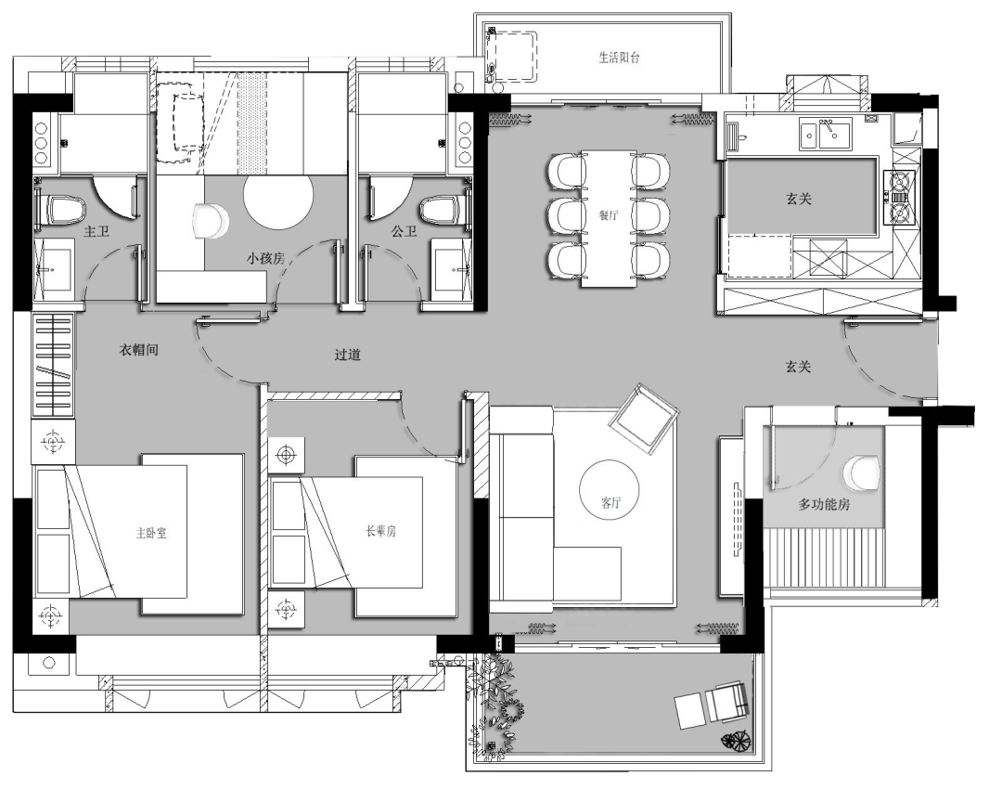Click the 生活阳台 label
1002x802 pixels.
click(x=619, y=58)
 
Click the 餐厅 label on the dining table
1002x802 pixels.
click(x=609, y=215)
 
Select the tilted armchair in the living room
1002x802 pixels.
click(x=644, y=419)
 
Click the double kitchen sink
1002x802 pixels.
click(x=825, y=133)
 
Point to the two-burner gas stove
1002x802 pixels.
click(x=899, y=197)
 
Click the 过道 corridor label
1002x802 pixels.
click(x=348, y=355)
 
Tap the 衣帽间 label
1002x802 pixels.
click(x=138, y=350)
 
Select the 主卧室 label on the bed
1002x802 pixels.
click(x=151, y=533)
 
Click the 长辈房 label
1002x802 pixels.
click(x=381, y=531)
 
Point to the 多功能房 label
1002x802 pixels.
click(x=824, y=504)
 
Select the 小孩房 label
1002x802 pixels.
click(x=266, y=258)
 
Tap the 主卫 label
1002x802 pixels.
click(x=96, y=231)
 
